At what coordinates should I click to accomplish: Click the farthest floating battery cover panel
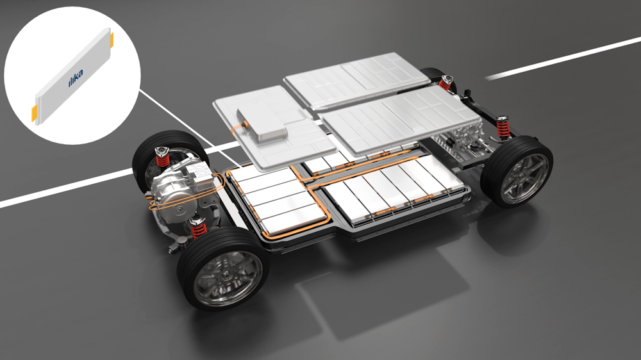(x=356, y=79)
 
